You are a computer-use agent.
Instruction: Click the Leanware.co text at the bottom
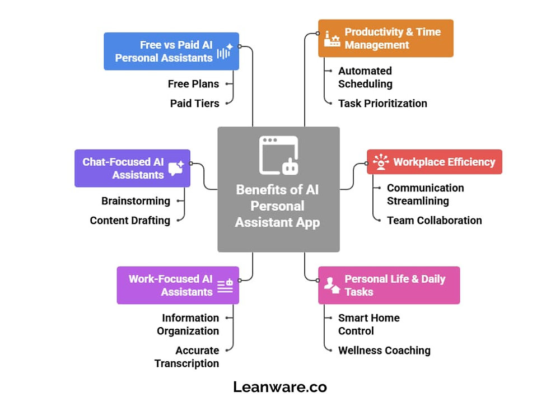pyautogui.click(x=280, y=387)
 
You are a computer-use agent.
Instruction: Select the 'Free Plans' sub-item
pyautogui.click(x=193, y=84)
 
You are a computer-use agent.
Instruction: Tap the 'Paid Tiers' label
pyautogui.click(x=195, y=104)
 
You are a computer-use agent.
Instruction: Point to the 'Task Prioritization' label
pyautogui.click(x=382, y=104)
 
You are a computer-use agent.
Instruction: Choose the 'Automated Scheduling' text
pyautogui.click(x=365, y=77)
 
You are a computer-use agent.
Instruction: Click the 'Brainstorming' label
pyautogui.click(x=136, y=201)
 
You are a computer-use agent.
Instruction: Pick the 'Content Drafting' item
pyautogui.click(x=130, y=221)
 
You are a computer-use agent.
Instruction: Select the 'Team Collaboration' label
pyautogui.click(x=435, y=221)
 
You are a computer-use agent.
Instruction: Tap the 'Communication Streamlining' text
pyautogui.click(x=426, y=195)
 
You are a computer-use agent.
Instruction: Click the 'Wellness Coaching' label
pyautogui.click(x=384, y=351)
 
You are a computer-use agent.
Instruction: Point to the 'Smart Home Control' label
pyautogui.click(x=369, y=325)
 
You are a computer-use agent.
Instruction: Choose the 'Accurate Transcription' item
pyautogui.click(x=187, y=357)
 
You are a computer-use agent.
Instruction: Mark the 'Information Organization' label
pyautogui.click(x=188, y=325)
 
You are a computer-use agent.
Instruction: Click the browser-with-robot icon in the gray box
pyautogui.click(x=278, y=155)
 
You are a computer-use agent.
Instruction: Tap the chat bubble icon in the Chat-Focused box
pyautogui.click(x=176, y=168)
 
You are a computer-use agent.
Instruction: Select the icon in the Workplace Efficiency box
pyautogui.click(x=381, y=162)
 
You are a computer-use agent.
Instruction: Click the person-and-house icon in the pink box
pyautogui.click(x=332, y=286)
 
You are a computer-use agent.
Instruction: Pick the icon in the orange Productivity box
pyautogui.click(x=332, y=39)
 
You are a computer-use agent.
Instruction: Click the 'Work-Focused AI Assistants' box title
pyautogui.click(x=171, y=286)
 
